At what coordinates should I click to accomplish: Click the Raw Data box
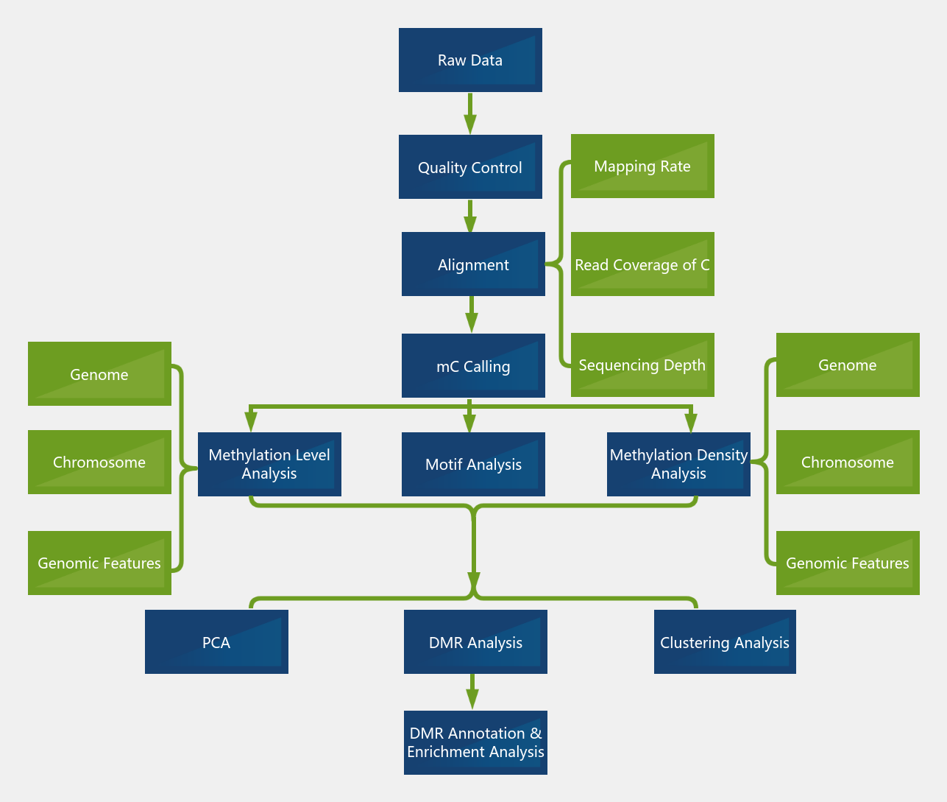pyautogui.click(x=470, y=60)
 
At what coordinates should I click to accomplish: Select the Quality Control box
pyautogui.click(x=470, y=167)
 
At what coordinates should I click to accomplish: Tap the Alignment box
pyautogui.click(x=473, y=264)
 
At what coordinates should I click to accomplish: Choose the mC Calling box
pyautogui.click(x=473, y=366)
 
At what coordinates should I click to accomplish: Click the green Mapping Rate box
pyautogui.click(x=642, y=166)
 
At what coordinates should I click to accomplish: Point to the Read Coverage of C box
pyautogui.click(x=642, y=264)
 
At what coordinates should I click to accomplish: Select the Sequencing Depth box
pyautogui.click(x=642, y=365)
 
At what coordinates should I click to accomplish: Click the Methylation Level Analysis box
pyautogui.click(x=269, y=464)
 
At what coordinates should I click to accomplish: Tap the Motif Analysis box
pyautogui.click(x=473, y=464)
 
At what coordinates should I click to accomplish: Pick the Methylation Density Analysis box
pyautogui.click(x=678, y=464)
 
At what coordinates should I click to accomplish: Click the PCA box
pyautogui.click(x=216, y=642)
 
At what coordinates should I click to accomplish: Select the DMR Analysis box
pyautogui.click(x=475, y=642)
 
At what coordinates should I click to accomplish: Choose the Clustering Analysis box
pyautogui.click(x=725, y=642)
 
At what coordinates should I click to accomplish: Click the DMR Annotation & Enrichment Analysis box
pyautogui.click(x=475, y=742)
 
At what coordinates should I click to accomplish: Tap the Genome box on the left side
pyautogui.click(x=99, y=374)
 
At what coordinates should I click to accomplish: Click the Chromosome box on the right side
pyautogui.click(x=848, y=462)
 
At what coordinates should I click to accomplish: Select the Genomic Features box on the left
pyautogui.click(x=99, y=563)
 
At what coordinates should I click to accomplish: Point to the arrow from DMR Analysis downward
pyautogui.click(x=472, y=693)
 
